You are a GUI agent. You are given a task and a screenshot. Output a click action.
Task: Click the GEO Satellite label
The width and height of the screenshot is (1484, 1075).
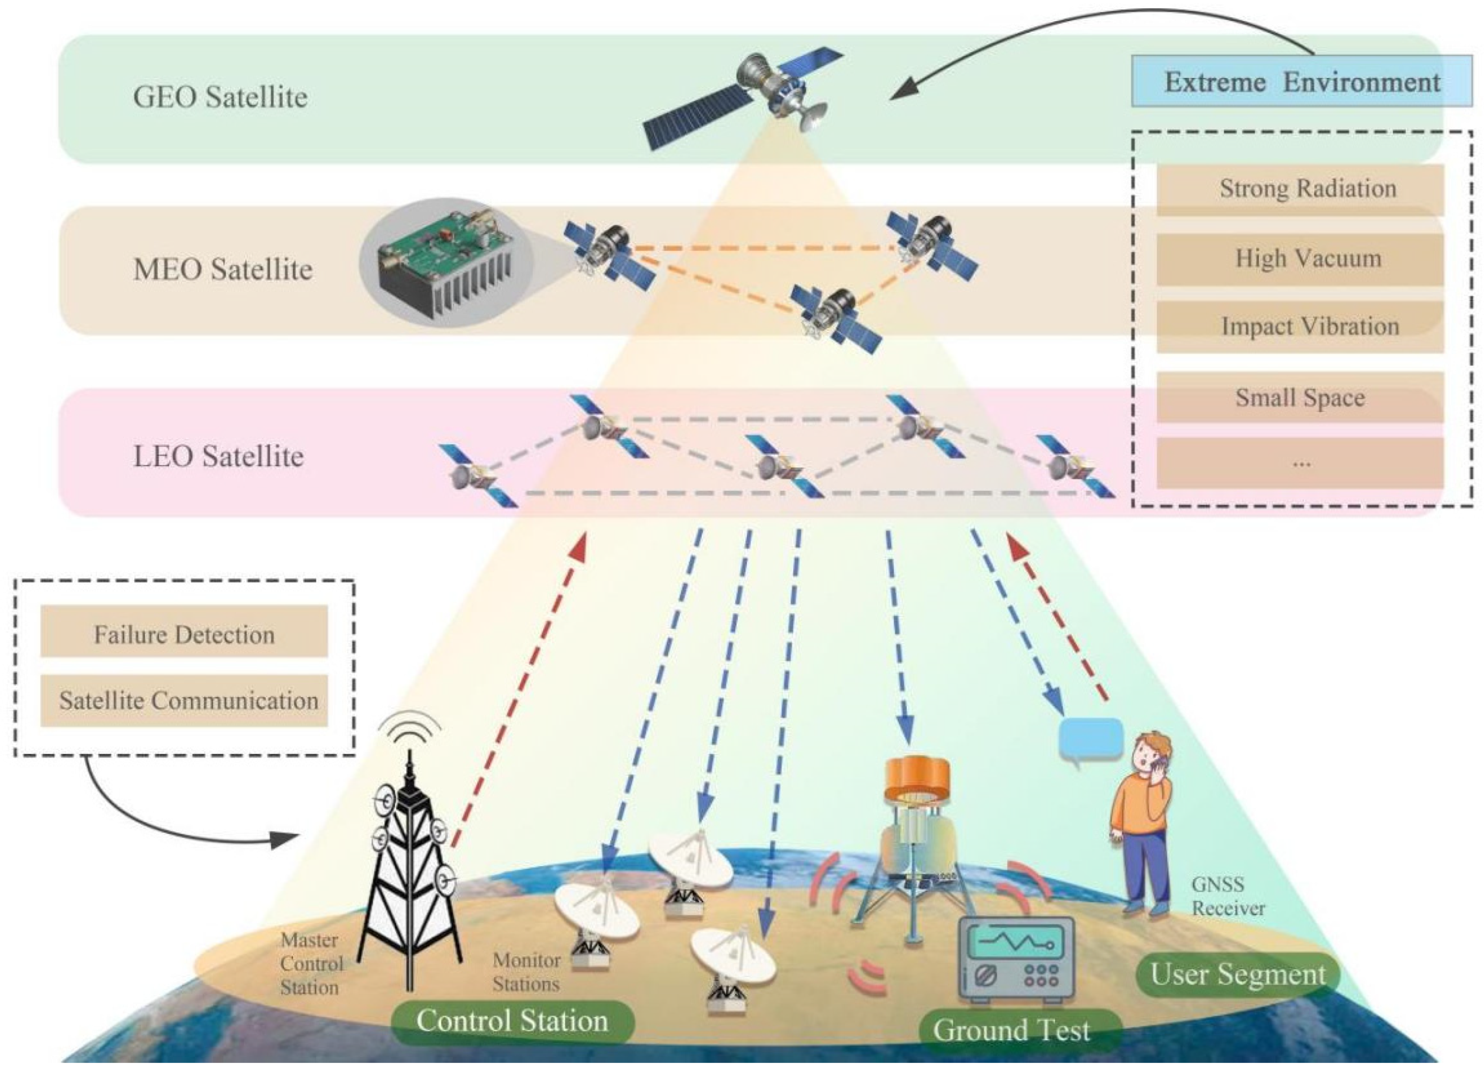tap(220, 97)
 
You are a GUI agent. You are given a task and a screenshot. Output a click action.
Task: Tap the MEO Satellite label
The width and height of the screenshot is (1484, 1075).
tap(222, 269)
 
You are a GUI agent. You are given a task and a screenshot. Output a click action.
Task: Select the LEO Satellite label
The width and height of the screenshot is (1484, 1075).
tap(219, 456)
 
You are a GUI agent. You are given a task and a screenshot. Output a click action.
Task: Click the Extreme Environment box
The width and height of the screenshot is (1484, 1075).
tap(1302, 82)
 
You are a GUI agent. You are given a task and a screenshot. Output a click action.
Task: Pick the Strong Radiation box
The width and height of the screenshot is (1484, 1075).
tap(1300, 189)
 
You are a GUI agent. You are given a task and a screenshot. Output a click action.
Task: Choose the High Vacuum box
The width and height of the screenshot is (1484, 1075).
tap(1300, 259)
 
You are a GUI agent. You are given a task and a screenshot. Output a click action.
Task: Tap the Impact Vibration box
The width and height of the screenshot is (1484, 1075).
tap(1300, 326)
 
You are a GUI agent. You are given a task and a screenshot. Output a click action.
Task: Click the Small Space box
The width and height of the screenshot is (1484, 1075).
tap(1300, 397)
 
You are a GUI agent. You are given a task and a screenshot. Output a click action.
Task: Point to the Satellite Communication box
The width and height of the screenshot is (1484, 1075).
tap(184, 701)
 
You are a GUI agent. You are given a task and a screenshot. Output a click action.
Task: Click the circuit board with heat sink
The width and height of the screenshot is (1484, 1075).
tap(446, 263)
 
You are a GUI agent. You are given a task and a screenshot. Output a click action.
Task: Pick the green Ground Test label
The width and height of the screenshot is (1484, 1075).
tap(1012, 1030)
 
